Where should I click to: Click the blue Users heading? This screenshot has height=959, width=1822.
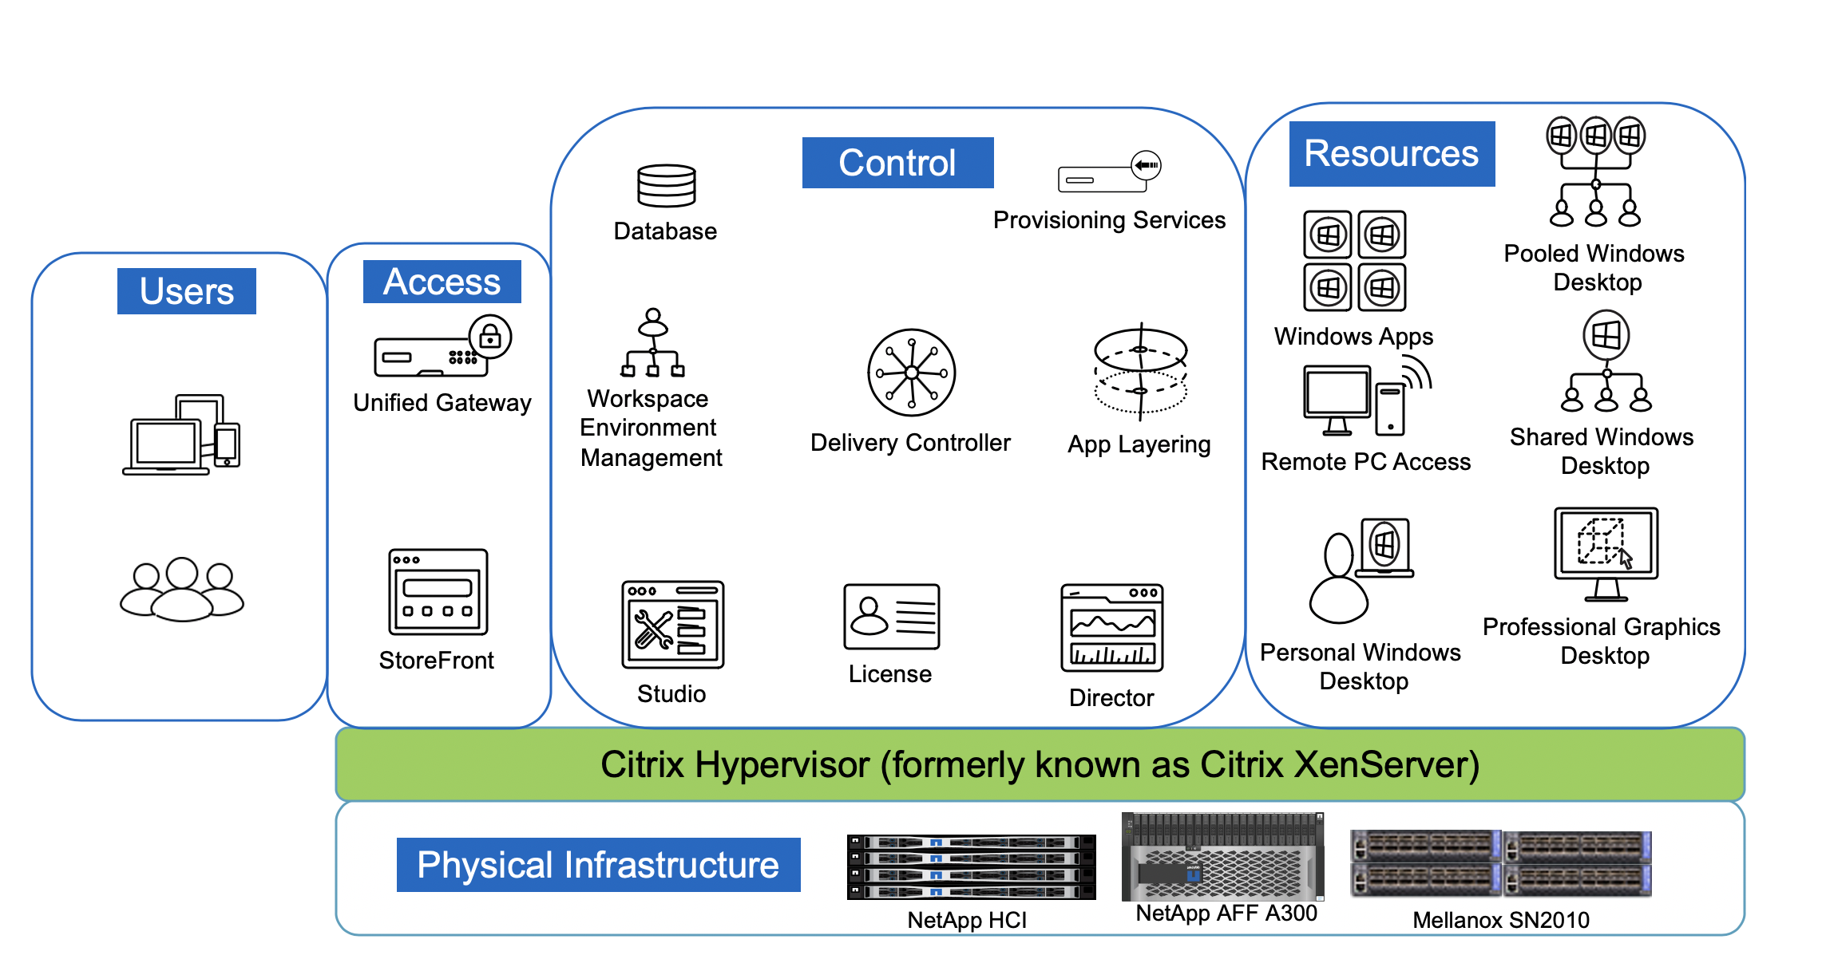(x=186, y=291)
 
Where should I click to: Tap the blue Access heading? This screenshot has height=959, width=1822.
(x=442, y=282)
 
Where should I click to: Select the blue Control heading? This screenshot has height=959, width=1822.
(x=897, y=163)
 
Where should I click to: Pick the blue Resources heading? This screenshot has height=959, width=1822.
(x=1392, y=153)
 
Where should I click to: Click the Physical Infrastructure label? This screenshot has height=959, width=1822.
(x=598, y=865)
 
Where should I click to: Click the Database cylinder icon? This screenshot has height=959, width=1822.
(x=666, y=186)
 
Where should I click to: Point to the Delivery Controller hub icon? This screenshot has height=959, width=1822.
(x=911, y=373)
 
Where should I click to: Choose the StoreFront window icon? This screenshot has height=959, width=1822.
(x=438, y=592)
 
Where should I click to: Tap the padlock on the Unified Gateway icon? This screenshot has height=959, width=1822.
(x=490, y=337)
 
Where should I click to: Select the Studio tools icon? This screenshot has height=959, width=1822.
(x=672, y=625)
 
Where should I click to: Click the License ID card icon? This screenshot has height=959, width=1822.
(x=891, y=617)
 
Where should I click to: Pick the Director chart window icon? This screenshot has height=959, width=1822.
(x=1111, y=628)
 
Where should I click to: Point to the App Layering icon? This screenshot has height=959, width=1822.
(x=1140, y=372)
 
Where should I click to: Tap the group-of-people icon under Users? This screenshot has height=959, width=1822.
(x=182, y=590)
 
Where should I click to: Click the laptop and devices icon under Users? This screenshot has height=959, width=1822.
(x=181, y=435)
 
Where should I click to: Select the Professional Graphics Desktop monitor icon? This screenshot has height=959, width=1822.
(x=1606, y=553)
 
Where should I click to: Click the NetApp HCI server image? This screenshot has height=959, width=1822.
(x=971, y=866)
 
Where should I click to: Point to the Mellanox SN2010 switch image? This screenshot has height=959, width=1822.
(x=1500, y=863)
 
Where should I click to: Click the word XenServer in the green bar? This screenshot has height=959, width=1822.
(x=1386, y=764)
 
